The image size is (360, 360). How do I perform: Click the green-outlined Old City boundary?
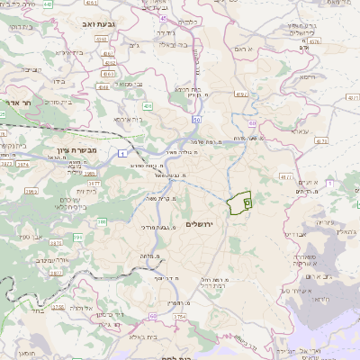[x=238, y=204]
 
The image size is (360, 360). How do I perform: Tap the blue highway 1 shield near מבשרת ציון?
[x=121, y=156]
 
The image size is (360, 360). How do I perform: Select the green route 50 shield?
[x=196, y=120]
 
